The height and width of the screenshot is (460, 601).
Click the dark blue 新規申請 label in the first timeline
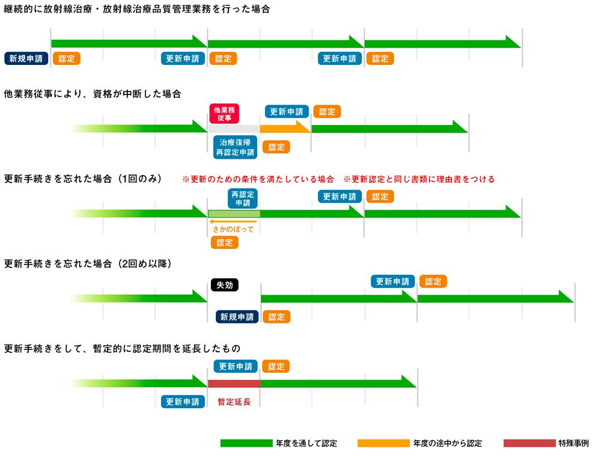(26, 58)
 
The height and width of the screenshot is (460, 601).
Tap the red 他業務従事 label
(224, 114)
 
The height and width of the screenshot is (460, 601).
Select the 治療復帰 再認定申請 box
(235, 147)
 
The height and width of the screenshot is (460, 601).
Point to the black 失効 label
(224, 285)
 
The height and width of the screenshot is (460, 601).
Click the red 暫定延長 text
(234, 402)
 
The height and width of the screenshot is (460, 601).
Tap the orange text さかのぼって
(234, 229)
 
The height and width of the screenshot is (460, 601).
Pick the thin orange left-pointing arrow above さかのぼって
(234, 221)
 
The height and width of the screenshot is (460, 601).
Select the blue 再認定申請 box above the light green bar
(243, 198)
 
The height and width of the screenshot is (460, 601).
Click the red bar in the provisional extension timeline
(234, 383)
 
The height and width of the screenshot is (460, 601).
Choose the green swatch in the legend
(246, 443)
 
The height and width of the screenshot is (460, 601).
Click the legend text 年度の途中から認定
(447, 443)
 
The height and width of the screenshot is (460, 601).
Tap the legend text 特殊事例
(573, 443)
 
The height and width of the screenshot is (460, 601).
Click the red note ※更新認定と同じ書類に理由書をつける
(419, 179)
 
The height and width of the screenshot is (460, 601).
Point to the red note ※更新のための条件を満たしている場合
(258, 179)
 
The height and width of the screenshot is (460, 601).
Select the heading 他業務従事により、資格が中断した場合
(93, 94)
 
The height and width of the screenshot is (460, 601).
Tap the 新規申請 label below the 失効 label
(237, 316)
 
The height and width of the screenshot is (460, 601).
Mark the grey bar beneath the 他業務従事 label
(234, 129)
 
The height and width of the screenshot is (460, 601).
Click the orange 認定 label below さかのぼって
(225, 242)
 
